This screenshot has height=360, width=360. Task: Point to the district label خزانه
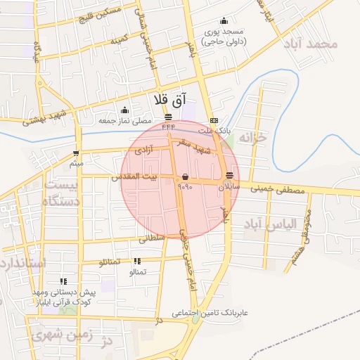click(x=254, y=137)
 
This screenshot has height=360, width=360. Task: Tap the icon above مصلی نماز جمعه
click(x=124, y=110)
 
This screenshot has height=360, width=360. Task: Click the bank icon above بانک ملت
click(x=214, y=120)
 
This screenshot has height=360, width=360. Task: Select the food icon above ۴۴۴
click(x=167, y=117)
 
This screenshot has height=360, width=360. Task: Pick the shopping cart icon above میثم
click(x=76, y=153)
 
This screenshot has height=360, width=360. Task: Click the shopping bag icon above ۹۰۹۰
click(x=185, y=176)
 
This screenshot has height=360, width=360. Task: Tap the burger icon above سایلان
click(x=230, y=176)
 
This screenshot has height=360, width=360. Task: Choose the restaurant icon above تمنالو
click(x=136, y=261)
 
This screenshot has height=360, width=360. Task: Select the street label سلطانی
click(x=150, y=238)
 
